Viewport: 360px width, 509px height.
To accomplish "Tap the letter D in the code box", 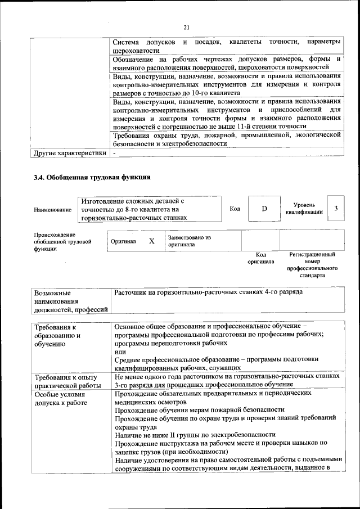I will pos(264,209).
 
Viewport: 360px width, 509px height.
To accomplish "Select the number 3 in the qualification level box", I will pos(336,209).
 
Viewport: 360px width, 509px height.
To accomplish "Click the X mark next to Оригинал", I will pos(151,241).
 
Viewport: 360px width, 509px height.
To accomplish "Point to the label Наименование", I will pos(52,210).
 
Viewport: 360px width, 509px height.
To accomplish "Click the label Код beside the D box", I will pos(235,209).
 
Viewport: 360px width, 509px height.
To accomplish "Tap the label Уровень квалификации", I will pos(304,209).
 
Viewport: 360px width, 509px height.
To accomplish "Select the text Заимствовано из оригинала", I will pos(189,241).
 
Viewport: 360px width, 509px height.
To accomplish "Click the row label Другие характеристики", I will pos(70,152).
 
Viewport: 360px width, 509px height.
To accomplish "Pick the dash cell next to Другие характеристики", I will pos(114,152).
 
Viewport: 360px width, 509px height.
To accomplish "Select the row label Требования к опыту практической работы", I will pos(66,381).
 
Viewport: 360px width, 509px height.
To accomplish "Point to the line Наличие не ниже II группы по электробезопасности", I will pos(195,435).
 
